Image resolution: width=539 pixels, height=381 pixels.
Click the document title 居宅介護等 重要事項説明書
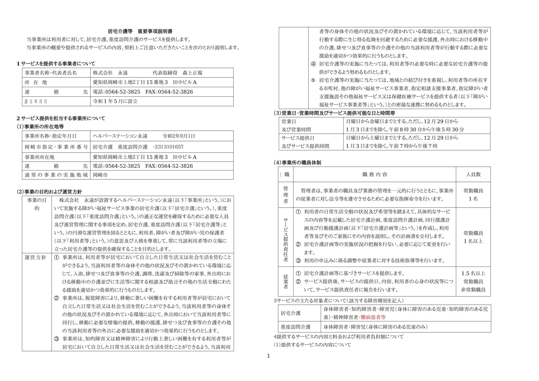[140, 31]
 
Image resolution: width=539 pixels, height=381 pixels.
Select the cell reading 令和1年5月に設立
[115, 101]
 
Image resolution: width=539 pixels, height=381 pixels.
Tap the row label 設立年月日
[36, 102]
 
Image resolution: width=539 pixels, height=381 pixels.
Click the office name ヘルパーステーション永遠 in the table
[120, 136]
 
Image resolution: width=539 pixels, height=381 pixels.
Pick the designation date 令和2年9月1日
[179, 136]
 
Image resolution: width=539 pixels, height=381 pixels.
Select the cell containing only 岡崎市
[100, 175]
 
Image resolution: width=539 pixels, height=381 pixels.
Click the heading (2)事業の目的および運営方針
[49, 192]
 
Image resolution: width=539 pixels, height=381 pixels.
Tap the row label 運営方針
[36, 257]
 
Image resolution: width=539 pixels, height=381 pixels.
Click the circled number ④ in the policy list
[313, 64]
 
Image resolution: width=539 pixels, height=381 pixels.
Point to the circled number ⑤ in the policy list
[313, 80]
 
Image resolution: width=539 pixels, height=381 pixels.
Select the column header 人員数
[473, 174]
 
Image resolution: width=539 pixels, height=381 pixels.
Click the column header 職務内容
[375, 175]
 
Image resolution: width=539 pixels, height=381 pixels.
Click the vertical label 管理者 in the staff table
[286, 195]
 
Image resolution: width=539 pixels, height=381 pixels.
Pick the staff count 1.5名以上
[473, 273]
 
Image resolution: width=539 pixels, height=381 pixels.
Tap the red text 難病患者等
[373, 317]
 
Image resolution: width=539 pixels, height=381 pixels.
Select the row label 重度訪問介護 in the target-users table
[295, 327]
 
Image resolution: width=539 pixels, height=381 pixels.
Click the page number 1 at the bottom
[268, 356]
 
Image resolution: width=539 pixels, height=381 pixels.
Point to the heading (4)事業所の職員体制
[297, 162]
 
